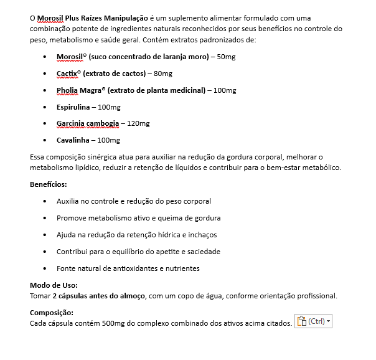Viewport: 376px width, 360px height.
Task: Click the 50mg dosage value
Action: point(226,57)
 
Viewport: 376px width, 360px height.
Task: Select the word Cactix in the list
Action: point(67,73)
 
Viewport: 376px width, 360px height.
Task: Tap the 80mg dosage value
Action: point(162,73)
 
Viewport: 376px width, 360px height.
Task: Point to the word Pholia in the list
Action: point(67,90)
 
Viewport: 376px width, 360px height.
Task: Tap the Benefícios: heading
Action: point(49,184)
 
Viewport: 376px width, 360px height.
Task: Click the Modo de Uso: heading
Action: point(54,285)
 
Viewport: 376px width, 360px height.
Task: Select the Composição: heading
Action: point(52,313)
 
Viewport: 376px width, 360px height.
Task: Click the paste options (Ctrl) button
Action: point(313,321)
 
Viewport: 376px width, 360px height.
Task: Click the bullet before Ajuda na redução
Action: point(45,235)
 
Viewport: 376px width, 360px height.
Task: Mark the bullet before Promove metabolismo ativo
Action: point(45,218)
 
